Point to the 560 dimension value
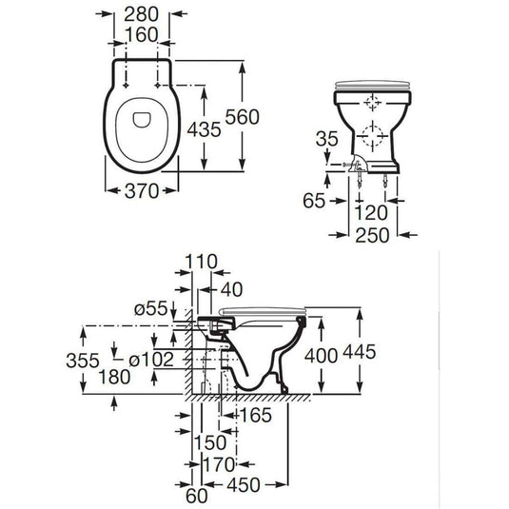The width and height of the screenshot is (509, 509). (x=271, y=115)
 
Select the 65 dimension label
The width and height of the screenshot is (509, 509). (x=314, y=200)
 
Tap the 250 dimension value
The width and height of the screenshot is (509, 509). (x=373, y=233)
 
